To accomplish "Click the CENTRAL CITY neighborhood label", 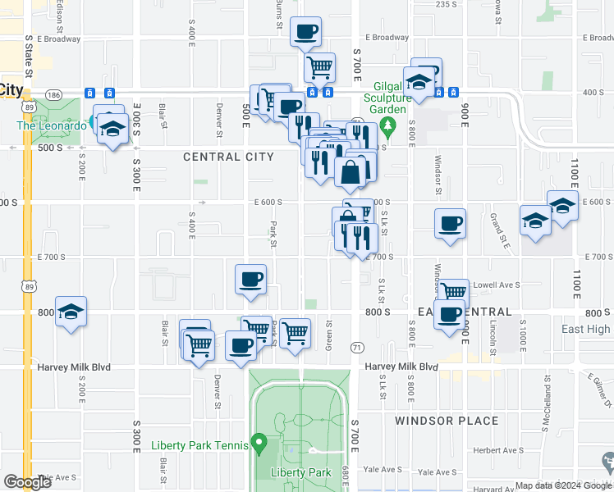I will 223,157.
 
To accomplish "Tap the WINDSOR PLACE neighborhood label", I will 446,421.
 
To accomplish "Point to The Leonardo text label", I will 51,125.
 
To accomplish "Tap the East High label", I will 585,330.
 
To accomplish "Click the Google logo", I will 27,481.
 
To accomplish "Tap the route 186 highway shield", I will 54,95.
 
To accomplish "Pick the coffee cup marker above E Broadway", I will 305,32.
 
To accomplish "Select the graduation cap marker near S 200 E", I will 71,312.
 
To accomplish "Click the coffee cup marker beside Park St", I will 250,279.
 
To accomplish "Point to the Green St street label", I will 328,335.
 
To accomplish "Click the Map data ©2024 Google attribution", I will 563,485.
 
